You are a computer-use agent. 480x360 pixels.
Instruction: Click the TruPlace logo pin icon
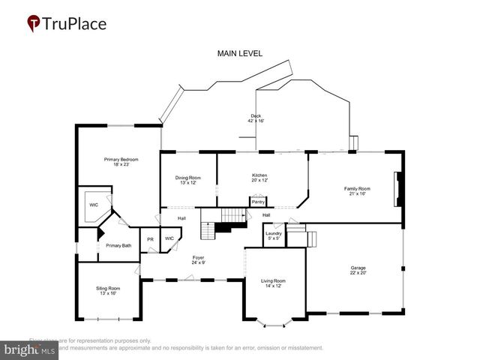point(34,23)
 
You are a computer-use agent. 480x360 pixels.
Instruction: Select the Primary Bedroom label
point(121,161)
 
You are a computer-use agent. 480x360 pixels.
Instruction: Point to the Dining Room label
point(187,180)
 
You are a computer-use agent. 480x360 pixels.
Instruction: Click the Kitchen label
point(259,178)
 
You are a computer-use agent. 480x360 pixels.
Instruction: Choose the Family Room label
point(357,190)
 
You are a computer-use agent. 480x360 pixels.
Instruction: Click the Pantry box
point(258,202)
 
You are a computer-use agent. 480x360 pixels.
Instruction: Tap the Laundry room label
point(273,235)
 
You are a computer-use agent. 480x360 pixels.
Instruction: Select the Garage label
point(358,269)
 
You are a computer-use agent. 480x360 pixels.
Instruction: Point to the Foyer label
point(199,259)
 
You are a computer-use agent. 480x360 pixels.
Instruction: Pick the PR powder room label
point(150,239)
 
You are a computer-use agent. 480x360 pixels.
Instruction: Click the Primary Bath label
point(118,245)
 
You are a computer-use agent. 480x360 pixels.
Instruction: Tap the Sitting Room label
point(108,290)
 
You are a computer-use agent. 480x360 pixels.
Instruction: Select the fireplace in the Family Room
point(399,188)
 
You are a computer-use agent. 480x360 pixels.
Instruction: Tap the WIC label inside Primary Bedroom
point(94,204)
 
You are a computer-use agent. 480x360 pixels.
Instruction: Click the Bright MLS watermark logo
point(28,349)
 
